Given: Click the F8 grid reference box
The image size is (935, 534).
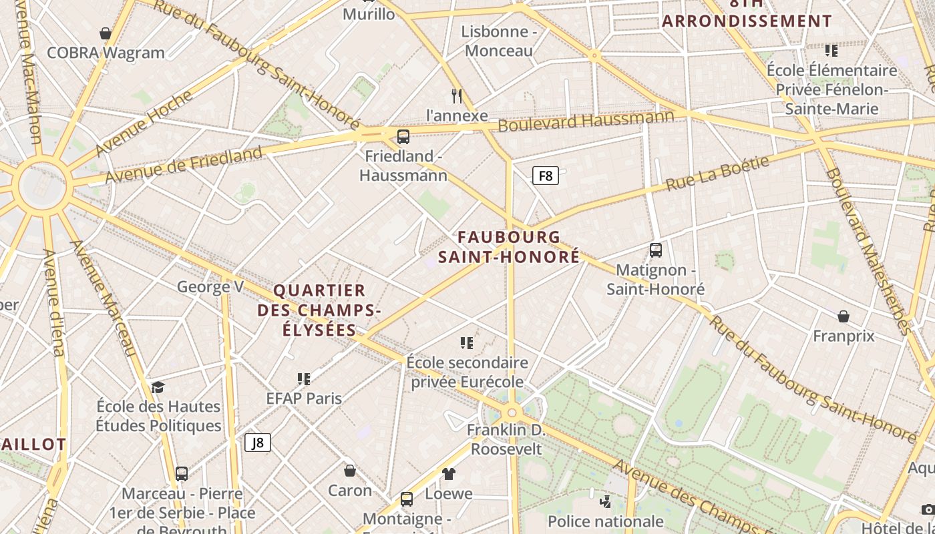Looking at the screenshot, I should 545,176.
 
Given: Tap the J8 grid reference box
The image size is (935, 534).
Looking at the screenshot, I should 257,442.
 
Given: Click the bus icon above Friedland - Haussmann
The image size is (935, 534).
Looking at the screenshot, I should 403,137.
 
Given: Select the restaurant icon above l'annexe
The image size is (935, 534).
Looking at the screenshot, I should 457,95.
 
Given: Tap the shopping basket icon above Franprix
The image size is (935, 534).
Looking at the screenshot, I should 844,316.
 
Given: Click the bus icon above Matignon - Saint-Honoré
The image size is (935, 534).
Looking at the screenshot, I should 655,250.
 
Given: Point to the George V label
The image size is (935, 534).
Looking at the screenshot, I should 210,287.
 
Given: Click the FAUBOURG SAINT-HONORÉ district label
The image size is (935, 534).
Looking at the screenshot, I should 509,247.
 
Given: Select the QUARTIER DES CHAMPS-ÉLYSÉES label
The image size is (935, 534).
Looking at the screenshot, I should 319,310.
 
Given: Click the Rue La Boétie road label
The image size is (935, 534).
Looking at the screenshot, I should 718,173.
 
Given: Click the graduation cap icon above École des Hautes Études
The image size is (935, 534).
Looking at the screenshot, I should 158,387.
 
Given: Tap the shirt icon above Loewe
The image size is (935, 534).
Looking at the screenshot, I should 448,474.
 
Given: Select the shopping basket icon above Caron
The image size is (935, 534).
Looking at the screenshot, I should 349,471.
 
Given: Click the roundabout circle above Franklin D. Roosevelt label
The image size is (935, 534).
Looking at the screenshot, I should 512,413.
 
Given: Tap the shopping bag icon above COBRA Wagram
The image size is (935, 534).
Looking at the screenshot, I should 105,33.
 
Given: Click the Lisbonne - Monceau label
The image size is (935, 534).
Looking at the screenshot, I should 499,41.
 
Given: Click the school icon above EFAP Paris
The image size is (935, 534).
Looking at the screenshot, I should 304,379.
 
